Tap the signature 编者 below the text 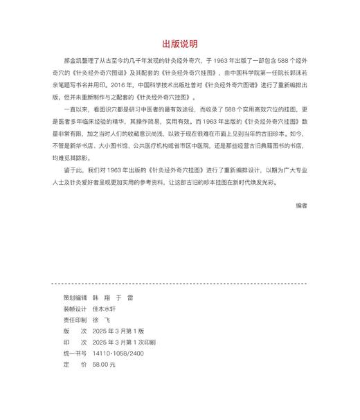coord(300,206)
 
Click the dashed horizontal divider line coord(179,283)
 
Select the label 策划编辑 coord(75,298)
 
